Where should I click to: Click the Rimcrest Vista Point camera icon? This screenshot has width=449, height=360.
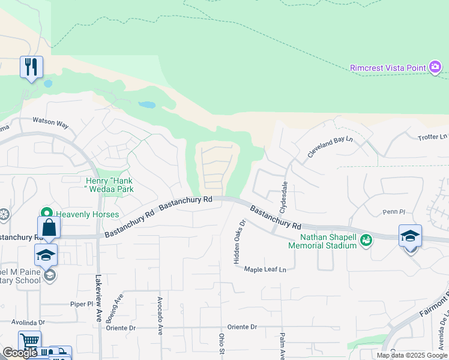click(x=436, y=67)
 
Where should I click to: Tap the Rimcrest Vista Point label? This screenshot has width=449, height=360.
click(x=388, y=68)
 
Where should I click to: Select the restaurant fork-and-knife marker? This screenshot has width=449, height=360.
click(x=31, y=66)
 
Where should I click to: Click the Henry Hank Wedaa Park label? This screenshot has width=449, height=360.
click(x=109, y=185)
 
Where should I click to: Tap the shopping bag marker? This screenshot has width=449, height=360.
click(x=49, y=228)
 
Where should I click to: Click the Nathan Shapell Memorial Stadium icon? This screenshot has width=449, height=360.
click(x=366, y=241)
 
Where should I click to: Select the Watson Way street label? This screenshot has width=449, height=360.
click(x=50, y=122)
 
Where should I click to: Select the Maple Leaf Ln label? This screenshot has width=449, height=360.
click(x=265, y=269)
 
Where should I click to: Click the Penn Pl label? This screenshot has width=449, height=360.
click(x=394, y=212)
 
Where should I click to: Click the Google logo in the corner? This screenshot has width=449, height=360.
click(x=20, y=353)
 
